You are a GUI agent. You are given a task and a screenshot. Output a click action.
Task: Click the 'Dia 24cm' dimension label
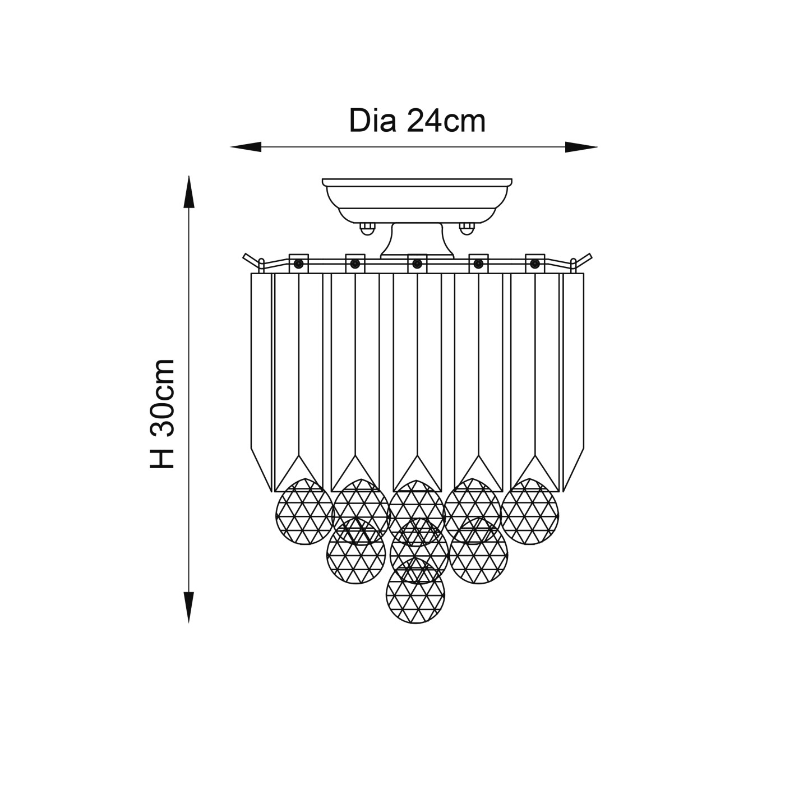pyautogui.click(x=417, y=121)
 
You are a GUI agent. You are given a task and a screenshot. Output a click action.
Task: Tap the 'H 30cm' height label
pyautogui.click(x=163, y=413)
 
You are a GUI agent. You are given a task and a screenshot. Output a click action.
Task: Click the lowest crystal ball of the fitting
pyautogui.click(x=415, y=591)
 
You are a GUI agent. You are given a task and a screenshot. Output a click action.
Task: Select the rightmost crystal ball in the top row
pyautogui.click(x=530, y=511)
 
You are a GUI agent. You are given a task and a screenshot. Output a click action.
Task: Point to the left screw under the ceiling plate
pyautogui.click(x=367, y=228)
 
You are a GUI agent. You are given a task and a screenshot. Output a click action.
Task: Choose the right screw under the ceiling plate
pyautogui.click(x=467, y=228)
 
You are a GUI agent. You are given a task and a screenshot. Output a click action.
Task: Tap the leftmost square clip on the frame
pyautogui.click(x=298, y=263)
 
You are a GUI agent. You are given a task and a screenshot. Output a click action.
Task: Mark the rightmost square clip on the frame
pyautogui.click(x=534, y=263)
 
